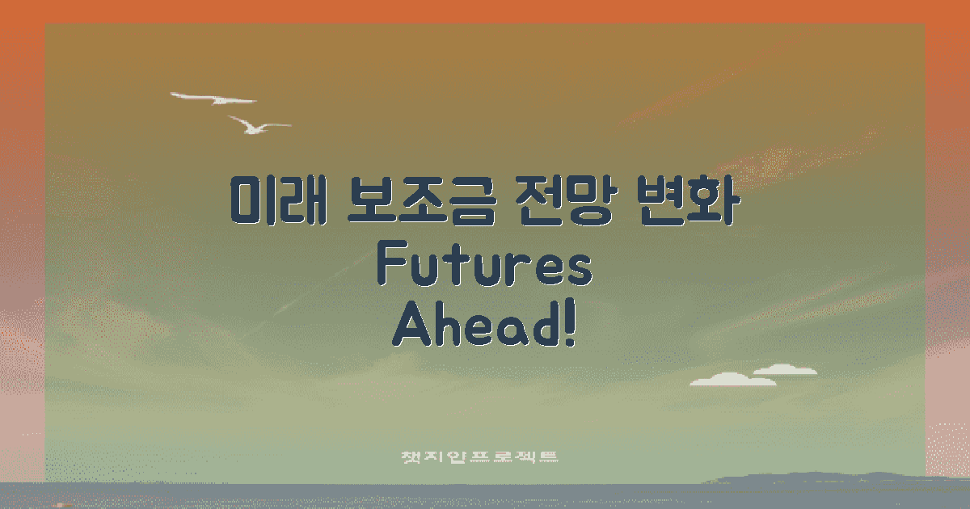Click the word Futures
pos(485,267)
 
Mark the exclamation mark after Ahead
pos(571,326)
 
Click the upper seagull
pos(215,99)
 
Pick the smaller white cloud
pos(785,370)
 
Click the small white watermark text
pos(481,456)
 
